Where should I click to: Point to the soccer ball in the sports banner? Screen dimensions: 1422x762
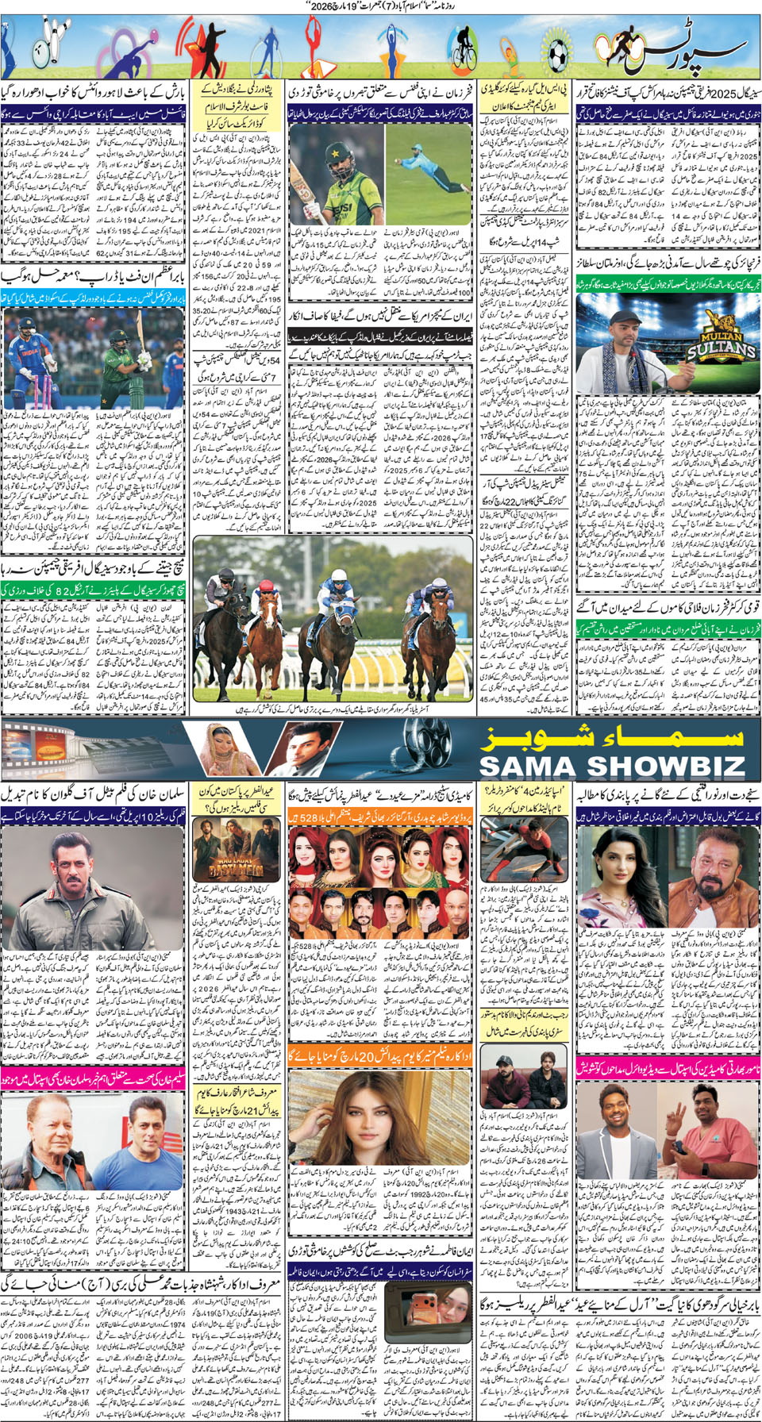tap(558, 53)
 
